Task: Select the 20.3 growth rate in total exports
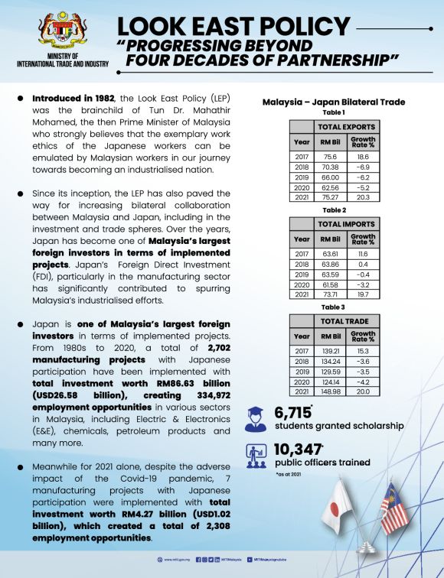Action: (362, 198)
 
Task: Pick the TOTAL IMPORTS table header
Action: (346, 223)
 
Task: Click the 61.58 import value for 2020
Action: (331, 284)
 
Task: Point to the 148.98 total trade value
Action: (331, 391)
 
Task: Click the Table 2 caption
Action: (334, 209)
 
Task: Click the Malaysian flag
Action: (394, 508)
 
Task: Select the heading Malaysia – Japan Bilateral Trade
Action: (333, 102)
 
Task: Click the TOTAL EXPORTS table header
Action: (346, 127)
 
